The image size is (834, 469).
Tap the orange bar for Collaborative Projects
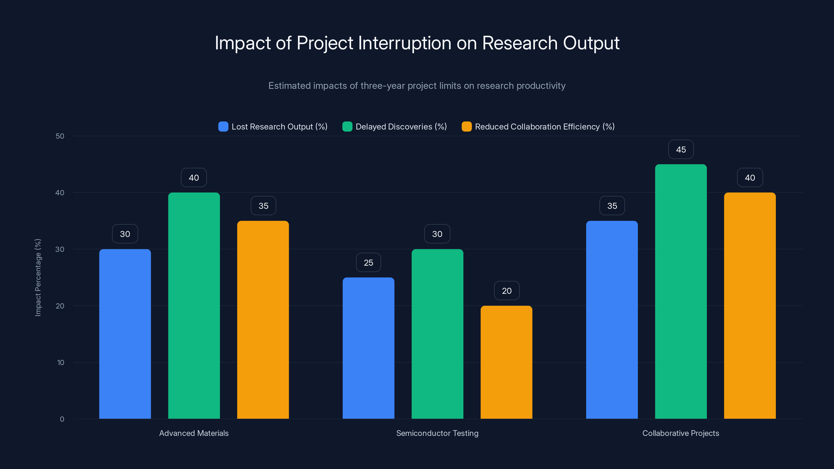[750, 306]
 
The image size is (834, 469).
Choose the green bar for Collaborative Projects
[680, 291]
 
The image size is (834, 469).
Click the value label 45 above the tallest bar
[680, 150]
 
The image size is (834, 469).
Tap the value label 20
[506, 291]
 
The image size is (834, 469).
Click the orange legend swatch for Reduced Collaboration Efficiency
[466, 127]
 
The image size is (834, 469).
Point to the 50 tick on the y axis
[60, 136]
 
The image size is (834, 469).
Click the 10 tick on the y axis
[60, 362]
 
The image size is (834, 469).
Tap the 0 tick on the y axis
[62, 419]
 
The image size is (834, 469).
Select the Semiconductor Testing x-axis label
[437, 433]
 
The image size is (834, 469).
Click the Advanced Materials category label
[194, 433]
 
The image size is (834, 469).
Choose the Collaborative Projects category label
[680, 433]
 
